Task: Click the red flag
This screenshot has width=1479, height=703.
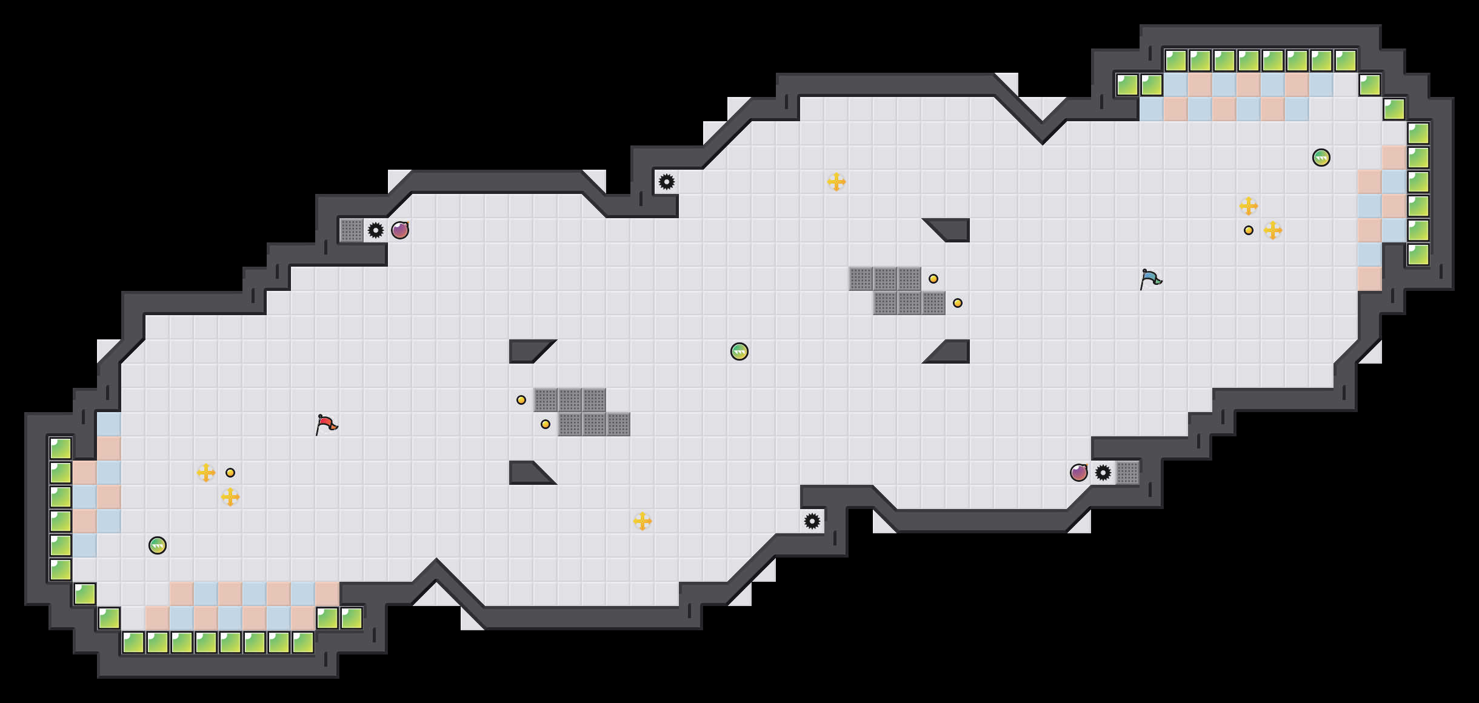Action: click(x=326, y=424)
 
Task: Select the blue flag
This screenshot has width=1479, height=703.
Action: click(x=1150, y=279)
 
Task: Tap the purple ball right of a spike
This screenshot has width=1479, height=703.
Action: click(x=400, y=230)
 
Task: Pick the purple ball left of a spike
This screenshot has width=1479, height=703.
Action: click(x=1079, y=473)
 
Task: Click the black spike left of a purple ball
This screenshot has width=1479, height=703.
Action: click(x=376, y=230)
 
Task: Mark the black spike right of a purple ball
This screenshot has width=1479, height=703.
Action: click(x=1103, y=473)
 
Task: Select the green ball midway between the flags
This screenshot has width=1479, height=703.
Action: click(x=739, y=351)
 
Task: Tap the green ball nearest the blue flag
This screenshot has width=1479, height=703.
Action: click(x=1321, y=158)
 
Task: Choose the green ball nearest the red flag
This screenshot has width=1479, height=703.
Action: click(x=158, y=545)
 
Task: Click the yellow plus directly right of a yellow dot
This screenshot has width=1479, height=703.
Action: click(x=1273, y=230)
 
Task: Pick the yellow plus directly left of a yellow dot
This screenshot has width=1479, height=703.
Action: click(x=206, y=473)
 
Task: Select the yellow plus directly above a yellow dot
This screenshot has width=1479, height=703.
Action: click(x=1249, y=206)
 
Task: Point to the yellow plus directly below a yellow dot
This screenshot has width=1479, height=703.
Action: click(x=230, y=497)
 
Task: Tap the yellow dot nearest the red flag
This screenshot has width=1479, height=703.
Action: click(x=230, y=473)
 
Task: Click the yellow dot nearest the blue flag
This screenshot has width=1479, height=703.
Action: click(x=1249, y=230)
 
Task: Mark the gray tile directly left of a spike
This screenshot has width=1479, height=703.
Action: click(x=352, y=230)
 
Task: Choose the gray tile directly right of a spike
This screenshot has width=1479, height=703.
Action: click(x=1127, y=473)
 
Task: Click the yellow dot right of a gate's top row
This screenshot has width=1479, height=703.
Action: click(x=933, y=279)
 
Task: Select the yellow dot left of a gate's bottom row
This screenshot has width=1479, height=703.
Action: click(x=546, y=424)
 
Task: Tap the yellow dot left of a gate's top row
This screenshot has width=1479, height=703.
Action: click(x=521, y=400)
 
